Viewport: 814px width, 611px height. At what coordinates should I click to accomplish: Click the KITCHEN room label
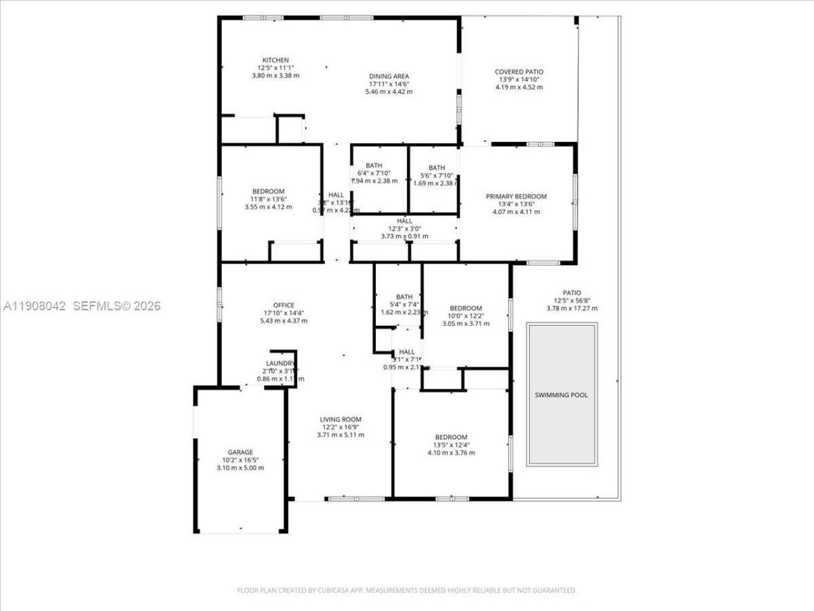[x=275, y=60]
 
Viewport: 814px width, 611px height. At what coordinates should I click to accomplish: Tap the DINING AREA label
[x=389, y=76]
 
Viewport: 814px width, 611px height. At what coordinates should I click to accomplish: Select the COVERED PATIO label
[x=519, y=72]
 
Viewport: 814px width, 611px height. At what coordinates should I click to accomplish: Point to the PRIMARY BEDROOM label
[x=516, y=197]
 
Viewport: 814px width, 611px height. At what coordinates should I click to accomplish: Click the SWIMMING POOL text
[x=561, y=395]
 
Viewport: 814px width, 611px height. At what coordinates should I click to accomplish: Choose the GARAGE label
[x=240, y=453]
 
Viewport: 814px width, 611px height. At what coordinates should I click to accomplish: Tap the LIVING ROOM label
[x=340, y=419]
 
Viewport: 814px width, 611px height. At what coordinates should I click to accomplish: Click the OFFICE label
[x=284, y=305]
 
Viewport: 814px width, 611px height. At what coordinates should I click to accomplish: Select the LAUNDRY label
[x=280, y=363]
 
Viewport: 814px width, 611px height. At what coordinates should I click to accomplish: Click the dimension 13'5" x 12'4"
[x=451, y=445]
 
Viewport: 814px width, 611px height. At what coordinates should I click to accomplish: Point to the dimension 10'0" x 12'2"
[x=466, y=316]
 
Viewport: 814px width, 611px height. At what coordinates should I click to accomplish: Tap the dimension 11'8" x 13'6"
[x=268, y=199]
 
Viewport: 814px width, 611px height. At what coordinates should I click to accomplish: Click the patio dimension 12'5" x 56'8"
[x=572, y=301]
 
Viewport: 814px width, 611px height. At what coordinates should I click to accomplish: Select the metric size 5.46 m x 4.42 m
[x=389, y=92]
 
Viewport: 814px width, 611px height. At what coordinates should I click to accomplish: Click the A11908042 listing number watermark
[x=35, y=306]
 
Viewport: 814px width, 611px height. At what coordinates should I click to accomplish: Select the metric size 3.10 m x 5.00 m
[x=240, y=468]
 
